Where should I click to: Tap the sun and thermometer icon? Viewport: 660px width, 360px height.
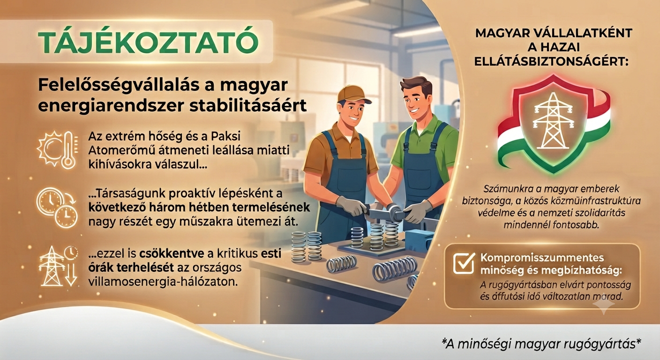point(58,150)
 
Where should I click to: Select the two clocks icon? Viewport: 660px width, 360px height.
point(57,208)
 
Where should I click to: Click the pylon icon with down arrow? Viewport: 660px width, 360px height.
point(59,266)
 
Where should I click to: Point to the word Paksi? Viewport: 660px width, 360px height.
point(226,137)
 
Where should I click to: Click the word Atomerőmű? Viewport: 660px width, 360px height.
point(122,150)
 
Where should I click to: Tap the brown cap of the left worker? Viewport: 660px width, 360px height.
point(353,94)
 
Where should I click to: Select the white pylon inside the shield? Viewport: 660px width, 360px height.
point(553,120)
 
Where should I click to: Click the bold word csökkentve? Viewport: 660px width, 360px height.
point(172,254)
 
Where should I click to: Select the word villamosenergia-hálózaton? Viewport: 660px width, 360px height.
point(163,282)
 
